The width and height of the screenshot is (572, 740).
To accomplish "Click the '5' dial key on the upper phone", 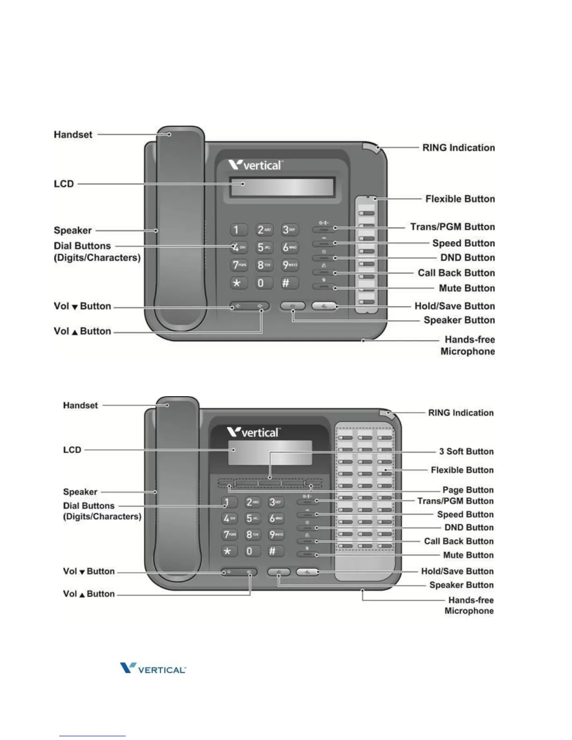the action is pos(264,248).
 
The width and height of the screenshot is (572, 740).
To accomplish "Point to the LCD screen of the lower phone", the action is pos(270,452).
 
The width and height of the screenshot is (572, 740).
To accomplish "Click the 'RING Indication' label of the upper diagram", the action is pos(458,148).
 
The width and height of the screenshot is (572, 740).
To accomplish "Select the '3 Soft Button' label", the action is pos(466,451).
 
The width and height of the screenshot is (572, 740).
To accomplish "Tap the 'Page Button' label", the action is pos(468,490).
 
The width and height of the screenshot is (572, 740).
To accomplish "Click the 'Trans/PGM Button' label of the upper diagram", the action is pos(452,227).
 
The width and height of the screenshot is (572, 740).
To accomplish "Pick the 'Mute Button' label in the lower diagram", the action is pos(468,555).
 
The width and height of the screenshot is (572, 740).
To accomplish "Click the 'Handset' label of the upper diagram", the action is pos(73,135).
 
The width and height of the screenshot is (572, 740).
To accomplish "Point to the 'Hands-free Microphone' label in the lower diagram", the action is pos(470,605).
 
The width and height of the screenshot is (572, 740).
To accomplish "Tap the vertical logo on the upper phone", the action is pos(255,165).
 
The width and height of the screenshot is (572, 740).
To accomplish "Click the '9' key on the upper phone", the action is pos(289,265).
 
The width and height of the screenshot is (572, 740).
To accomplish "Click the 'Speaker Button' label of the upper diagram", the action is pos(459,320).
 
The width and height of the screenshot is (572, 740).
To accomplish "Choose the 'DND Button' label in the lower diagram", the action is pos(469,527).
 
